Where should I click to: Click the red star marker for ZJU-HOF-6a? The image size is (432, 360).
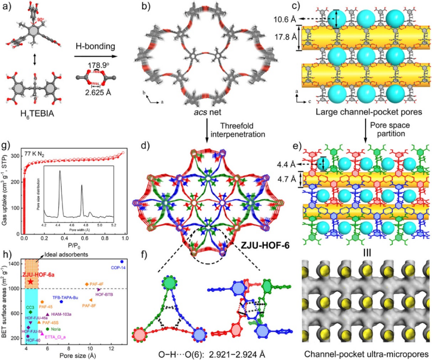pyautogui.click(x=30, y=282)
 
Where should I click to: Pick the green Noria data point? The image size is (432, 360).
pyautogui.click(x=48, y=329)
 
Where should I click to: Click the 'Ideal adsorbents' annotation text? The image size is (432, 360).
pyautogui.click(x=59, y=255)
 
